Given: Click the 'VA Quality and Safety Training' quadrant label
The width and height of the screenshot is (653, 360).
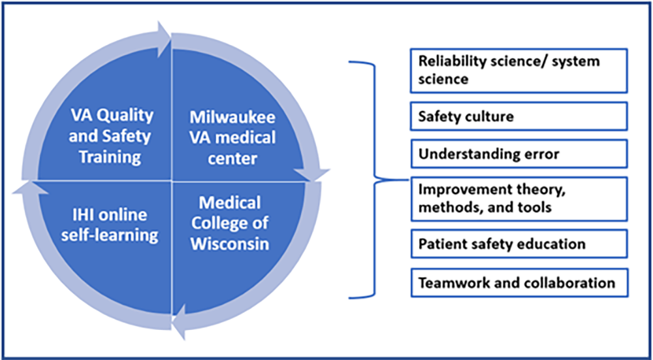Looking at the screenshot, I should click(x=112, y=136).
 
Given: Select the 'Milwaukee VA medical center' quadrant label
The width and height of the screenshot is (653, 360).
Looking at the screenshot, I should click(x=232, y=138).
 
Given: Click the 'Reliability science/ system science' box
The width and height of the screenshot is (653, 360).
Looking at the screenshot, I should click(x=518, y=70).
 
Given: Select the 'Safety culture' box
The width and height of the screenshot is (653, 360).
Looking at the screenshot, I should click(x=518, y=116).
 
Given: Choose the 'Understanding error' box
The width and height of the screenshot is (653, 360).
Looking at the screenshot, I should click(x=518, y=154).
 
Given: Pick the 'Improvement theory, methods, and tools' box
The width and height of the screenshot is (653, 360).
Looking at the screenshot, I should click(x=518, y=199).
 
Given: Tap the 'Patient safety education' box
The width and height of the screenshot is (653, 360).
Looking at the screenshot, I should click(x=518, y=244).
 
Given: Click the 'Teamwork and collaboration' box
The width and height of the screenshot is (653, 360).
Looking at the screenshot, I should click(x=518, y=283).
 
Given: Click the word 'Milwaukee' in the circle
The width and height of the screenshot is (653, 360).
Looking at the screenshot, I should click(x=232, y=118).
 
